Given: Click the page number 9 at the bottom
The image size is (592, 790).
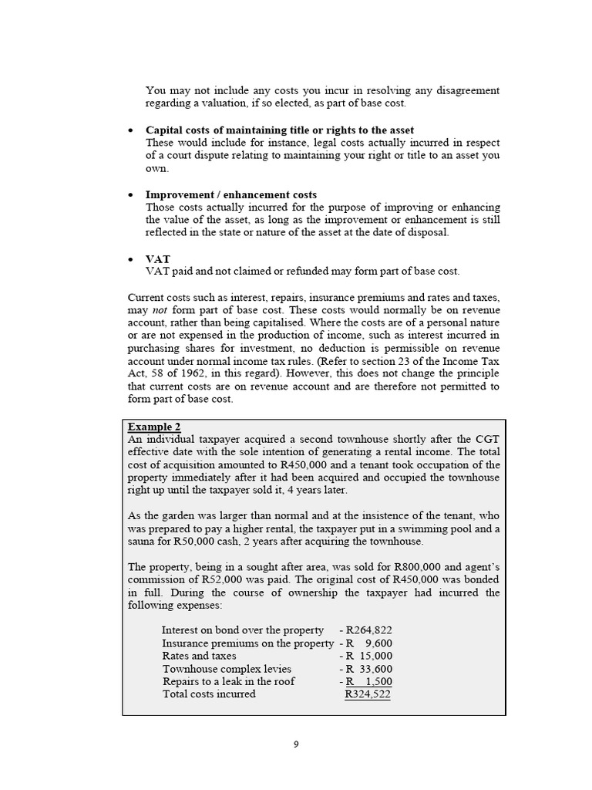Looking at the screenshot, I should click(x=296, y=744).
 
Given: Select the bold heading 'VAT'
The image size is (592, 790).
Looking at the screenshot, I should click(x=157, y=259).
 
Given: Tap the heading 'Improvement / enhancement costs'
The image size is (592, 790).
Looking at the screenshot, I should click(x=231, y=194).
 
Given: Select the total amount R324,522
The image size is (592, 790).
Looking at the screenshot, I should click(x=367, y=694).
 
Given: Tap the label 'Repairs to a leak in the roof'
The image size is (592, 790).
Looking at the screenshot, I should click(x=228, y=681).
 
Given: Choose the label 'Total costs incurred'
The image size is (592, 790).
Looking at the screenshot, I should click(x=208, y=694).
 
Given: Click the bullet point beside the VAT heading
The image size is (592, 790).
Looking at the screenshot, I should click(x=132, y=260).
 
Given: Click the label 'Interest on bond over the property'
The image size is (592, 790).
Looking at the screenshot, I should click(x=243, y=630).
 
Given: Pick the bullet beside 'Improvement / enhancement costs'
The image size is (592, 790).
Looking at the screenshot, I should click(x=132, y=195).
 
